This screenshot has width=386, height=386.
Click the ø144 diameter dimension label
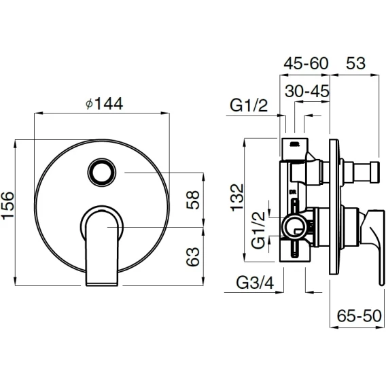click(105, 104)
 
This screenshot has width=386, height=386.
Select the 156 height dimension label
click(7, 205)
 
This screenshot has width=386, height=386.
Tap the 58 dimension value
click(192, 200)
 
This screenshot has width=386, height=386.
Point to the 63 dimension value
click(192, 256)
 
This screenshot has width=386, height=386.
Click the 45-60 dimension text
click(306, 63)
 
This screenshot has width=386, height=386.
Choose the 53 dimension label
click(355, 63)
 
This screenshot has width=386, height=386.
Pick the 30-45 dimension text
click(307, 91)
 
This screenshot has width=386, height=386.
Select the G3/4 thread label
click(255, 283)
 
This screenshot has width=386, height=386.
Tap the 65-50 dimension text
click(359, 316)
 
